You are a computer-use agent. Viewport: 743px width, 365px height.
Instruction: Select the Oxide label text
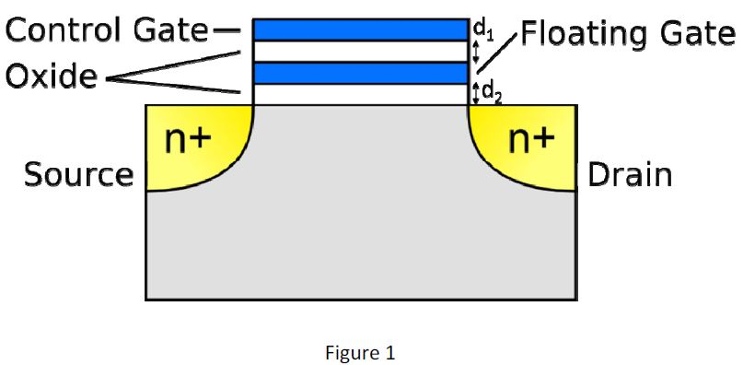pyautogui.click(x=52, y=77)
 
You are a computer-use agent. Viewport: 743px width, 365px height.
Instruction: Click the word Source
pyautogui.click(x=78, y=173)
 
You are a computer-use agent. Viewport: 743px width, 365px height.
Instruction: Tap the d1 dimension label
pyautogui.click(x=480, y=28)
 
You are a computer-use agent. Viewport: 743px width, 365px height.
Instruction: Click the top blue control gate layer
pyautogui.click(x=360, y=29)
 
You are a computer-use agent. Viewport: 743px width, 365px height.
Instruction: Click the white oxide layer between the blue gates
pyautogui.click(x=360, y=51)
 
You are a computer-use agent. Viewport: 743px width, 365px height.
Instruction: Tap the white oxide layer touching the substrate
pyautogui.click(x=360, y=94)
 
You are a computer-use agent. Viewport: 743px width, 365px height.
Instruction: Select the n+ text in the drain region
pyautogui.click(x=532, y=140)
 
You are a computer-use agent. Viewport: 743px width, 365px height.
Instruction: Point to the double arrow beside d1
pyautogui.click(x=476, y=52)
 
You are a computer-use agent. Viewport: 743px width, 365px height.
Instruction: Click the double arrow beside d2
pyautogui.click(x=476, y=93)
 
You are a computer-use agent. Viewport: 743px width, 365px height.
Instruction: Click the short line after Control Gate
pyautogui.click(x=226, y=31)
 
